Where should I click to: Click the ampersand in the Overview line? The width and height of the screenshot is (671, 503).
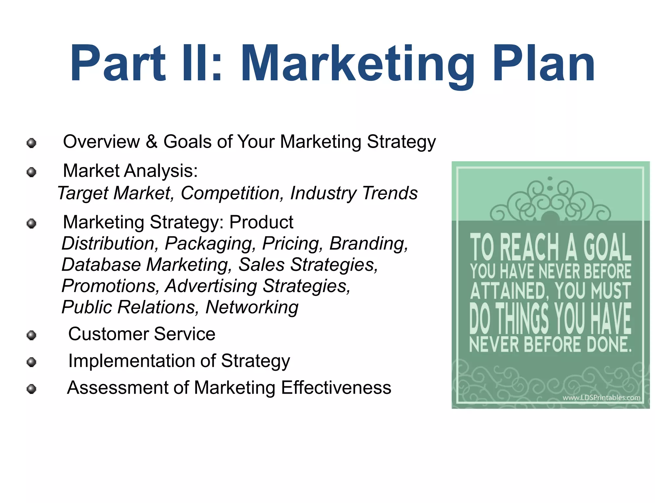pos(151,142)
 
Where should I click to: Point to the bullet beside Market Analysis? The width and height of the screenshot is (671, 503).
pos(31,172)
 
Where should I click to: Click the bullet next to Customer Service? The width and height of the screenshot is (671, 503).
pos(31,335)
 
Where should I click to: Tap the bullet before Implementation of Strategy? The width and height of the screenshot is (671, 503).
pos(31,362)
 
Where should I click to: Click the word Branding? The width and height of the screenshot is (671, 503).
pos(369,244)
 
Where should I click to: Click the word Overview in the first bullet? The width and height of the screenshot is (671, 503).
pos(101,142)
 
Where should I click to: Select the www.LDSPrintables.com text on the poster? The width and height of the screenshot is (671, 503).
pos(601,398)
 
